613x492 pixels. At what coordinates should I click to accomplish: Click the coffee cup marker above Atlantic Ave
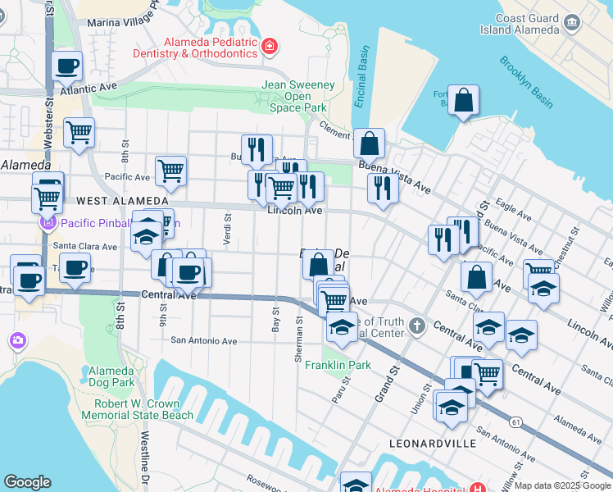tap(66, 66)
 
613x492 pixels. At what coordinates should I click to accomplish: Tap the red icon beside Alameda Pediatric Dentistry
tap(270, 47)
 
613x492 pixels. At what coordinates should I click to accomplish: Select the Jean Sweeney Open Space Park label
tap(294, 96)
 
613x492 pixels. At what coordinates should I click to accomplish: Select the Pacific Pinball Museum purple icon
tap(48, 222)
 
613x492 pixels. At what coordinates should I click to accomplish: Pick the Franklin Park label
tap(338, 365)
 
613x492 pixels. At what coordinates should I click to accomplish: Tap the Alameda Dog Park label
tap(112, 376)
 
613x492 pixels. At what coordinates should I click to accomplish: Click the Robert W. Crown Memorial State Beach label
tap(143, 409)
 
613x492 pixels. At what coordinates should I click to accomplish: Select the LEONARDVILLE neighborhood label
tap(432, 444)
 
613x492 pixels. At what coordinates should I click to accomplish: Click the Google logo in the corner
tap(28, 482)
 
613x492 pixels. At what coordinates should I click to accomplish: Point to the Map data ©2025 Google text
tap(561, 485)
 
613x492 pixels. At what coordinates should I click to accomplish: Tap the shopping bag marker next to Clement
tap(370, 144)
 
